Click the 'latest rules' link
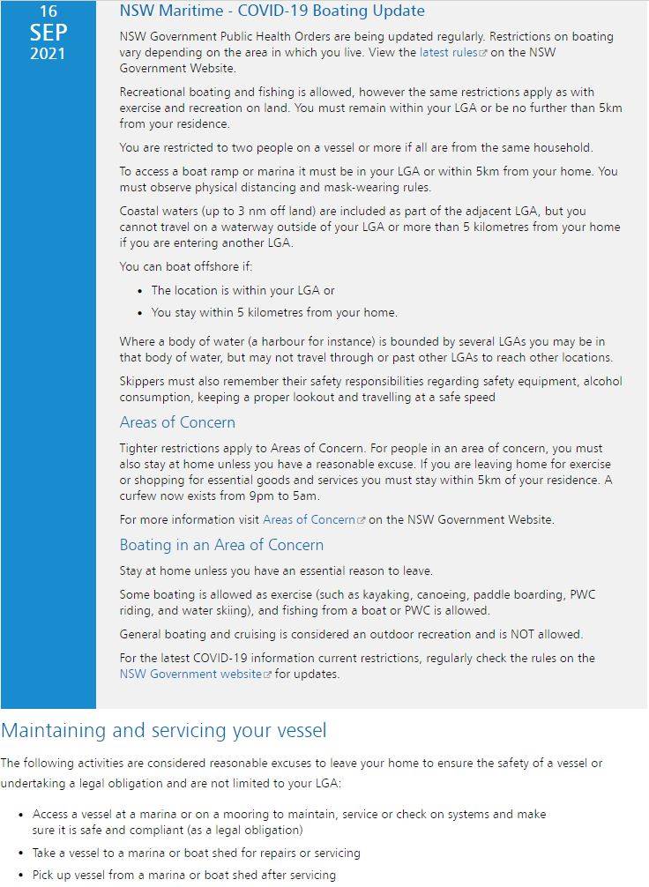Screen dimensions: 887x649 tap(448, 53)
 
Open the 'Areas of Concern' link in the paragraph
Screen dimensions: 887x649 tap(308, 520)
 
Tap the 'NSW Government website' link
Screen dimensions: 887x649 tap(190, 675)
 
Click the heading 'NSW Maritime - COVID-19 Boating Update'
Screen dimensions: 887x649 tap(272, 11)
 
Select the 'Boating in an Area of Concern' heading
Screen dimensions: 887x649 tap(221, 545)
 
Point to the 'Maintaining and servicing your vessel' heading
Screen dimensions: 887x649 tap(164, 731)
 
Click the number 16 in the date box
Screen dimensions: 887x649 tap(48, 11)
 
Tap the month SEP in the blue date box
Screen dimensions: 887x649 tap(48, 33)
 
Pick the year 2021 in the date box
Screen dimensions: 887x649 tap(48, 53)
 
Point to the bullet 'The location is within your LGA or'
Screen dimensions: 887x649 tap(242, 290)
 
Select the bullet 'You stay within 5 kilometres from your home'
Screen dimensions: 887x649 tap(274, 312)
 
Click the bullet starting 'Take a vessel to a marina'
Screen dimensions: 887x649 tap(196, 853)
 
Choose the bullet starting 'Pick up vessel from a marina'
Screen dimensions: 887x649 tap(183, 876)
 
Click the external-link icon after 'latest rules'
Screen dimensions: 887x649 tap(482, 54)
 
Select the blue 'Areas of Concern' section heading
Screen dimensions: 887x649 tap(177, 422)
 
